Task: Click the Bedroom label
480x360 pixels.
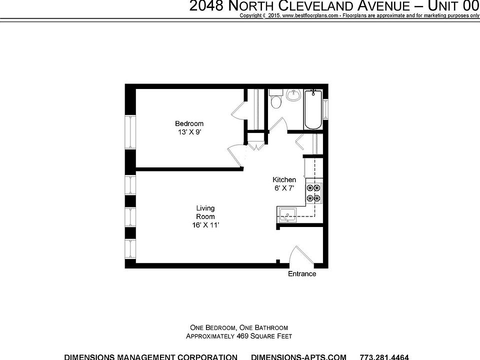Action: tap(189, 123)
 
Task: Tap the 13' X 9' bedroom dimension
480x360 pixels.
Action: tap(189, 132)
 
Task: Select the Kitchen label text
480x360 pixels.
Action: tap(284, 179)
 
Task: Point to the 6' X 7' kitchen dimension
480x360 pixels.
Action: tap(284, 188)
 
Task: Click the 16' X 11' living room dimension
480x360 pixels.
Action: tap(205, 225)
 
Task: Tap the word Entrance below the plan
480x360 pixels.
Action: tap(302, 274)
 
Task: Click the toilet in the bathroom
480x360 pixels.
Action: tap(275, 102)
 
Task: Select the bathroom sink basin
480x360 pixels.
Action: tap(293, 95)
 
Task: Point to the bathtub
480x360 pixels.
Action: tap(313, 109)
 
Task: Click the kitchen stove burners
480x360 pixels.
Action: tap(313, 193)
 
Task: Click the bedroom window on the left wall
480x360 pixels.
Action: tap(130, 132)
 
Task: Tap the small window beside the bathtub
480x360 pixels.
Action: tap(326, 109)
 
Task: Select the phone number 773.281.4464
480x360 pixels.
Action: tap(384, 357)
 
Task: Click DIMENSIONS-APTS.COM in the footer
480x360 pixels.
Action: tap(298, 357)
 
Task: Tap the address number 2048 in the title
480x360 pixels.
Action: tap(207, 6)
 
